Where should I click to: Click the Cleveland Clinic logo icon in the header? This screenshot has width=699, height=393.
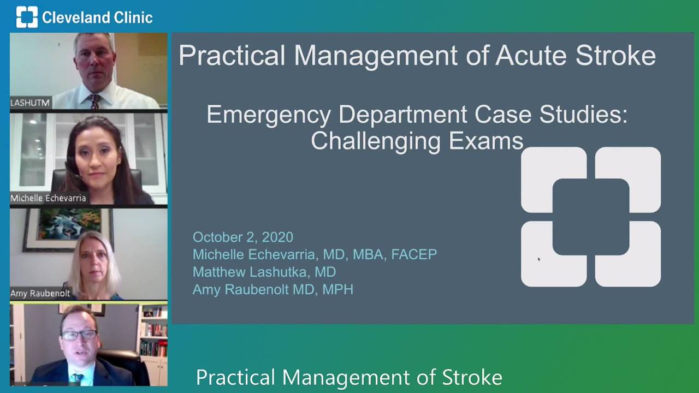[27, 17]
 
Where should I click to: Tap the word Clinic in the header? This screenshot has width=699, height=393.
[133, 17]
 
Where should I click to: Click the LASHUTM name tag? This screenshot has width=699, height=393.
[30, 103]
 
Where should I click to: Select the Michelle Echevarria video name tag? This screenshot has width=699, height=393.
[48, 198]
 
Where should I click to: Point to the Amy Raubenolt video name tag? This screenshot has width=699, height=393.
[40, 293]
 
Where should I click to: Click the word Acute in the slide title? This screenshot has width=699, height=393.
[531, 56]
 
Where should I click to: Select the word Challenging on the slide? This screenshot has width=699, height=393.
[376, 142]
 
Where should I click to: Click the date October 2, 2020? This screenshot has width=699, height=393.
[243, 237]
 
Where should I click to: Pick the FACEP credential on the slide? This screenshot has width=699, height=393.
[414, 254]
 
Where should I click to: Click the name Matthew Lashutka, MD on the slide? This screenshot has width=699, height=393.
[264, 272]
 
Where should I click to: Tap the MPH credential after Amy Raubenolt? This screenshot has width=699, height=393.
[337, 289]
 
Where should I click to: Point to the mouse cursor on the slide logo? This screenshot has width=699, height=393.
[539, 259]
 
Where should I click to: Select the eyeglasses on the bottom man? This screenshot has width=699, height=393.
[79, 335]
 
